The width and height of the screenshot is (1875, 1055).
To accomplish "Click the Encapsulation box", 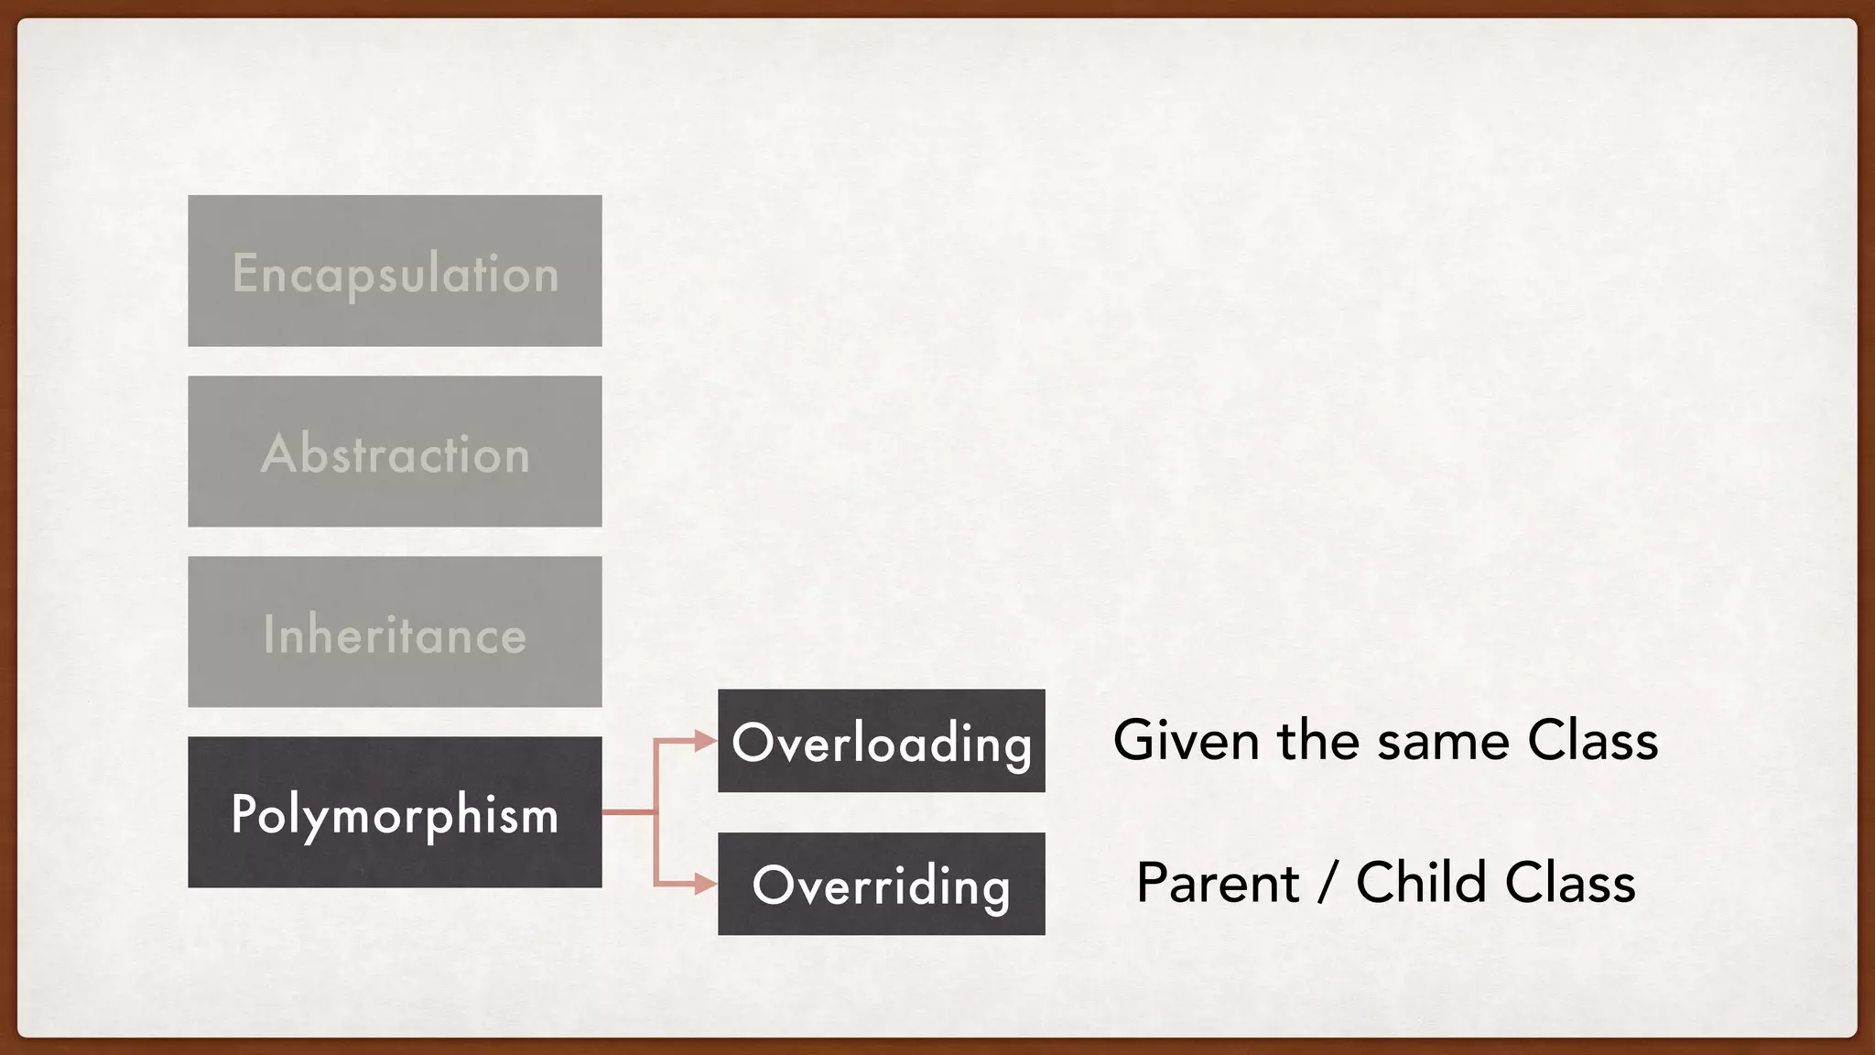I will pos(395,270).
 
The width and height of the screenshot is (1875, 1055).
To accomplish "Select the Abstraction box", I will pos(395,451).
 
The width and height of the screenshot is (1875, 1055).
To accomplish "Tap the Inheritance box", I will pos(395,631).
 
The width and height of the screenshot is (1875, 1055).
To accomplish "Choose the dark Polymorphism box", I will pos(395,811).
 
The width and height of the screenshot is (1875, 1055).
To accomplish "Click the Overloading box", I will pos(881,740).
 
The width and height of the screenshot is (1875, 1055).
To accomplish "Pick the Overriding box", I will pos(881,883).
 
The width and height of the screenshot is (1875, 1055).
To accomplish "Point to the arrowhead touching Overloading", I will pos(705,740).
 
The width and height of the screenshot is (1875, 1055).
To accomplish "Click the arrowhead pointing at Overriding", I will pos(705,884).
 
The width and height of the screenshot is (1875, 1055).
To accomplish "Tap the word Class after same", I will pos(1593,740).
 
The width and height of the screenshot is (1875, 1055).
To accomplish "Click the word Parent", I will pos(1218,885).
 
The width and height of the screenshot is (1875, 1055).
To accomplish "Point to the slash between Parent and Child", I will pos(1328,885).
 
